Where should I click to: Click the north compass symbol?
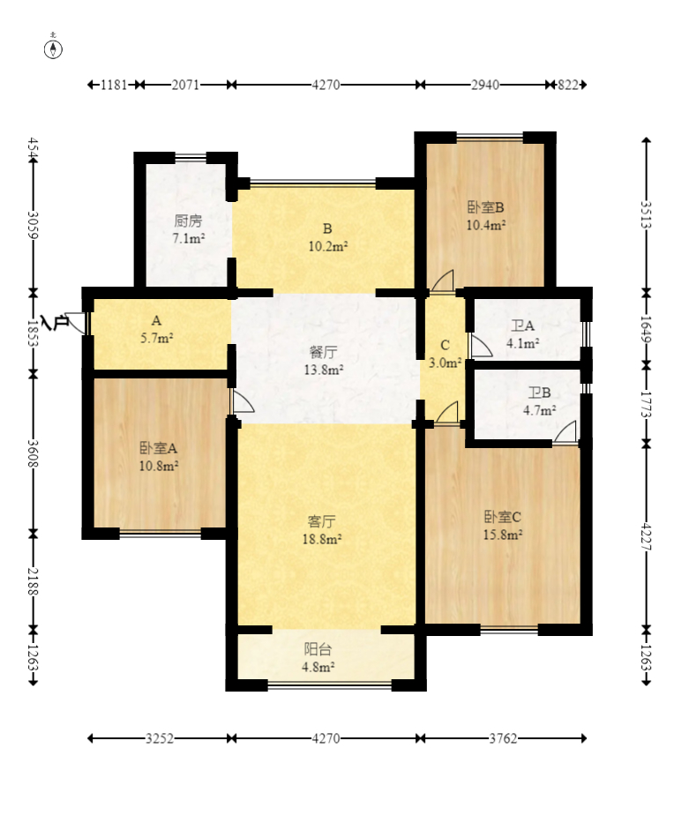53,49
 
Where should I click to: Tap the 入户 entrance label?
54,323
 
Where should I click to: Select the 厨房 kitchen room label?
188,221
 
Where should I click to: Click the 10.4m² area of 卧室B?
486,225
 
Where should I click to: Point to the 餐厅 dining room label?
324,352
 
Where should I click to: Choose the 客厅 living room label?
322,521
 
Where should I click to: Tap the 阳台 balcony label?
318,649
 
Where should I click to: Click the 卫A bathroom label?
523,326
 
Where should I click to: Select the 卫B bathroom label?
540,392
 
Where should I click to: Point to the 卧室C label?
502,517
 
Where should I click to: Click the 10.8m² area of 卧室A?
159,466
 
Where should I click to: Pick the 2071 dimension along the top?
185,85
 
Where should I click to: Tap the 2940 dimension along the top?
485,85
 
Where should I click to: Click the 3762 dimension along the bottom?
504,738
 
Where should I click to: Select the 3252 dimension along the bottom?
160,738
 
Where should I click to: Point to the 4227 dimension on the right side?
646,536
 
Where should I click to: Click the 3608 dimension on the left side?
33,453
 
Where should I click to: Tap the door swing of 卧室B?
443,281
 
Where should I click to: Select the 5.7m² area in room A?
157,339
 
